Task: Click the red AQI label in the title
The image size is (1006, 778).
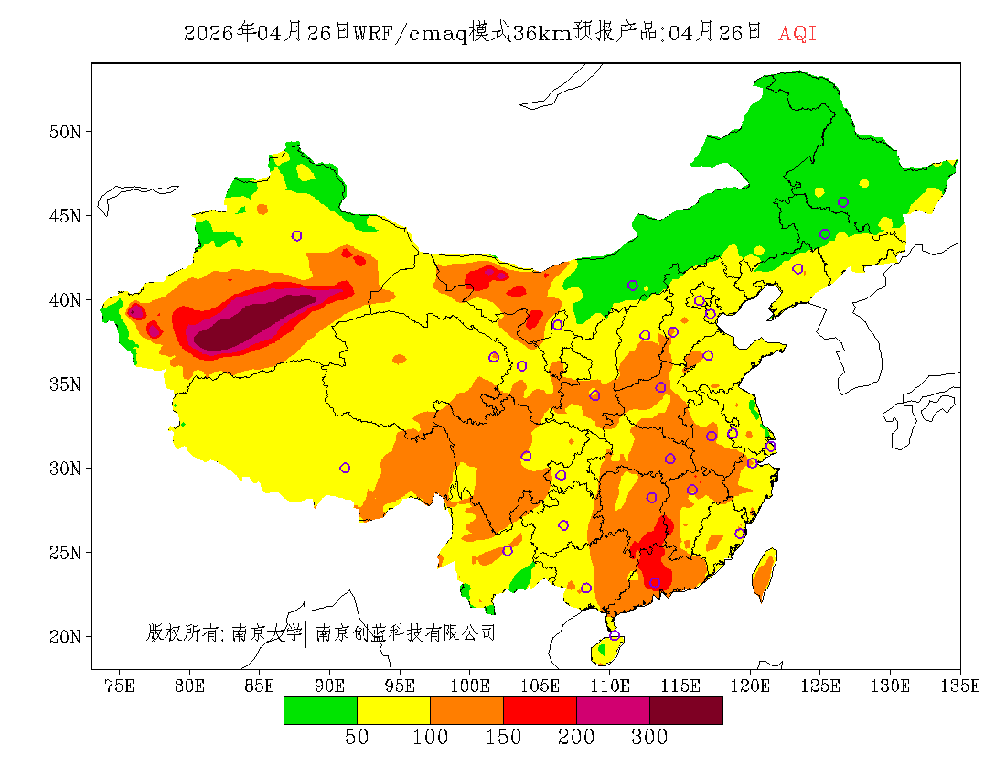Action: coord(797,34)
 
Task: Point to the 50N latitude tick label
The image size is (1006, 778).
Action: coord(64,132)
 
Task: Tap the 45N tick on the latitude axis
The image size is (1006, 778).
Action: coord(64,216)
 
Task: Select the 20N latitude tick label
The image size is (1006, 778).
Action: coord(64,636)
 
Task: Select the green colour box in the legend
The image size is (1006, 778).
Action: coord(320,710)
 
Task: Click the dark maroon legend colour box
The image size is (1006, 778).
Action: coord(686,710)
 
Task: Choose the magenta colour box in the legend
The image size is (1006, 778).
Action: coord(613,710)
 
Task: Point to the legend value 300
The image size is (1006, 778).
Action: coord(649,738)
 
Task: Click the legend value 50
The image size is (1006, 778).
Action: coord(357,738)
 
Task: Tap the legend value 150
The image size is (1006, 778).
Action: coord(503,738)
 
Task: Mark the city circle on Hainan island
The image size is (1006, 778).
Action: coord(615,636)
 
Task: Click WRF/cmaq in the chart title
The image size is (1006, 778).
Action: coord(410,34)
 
